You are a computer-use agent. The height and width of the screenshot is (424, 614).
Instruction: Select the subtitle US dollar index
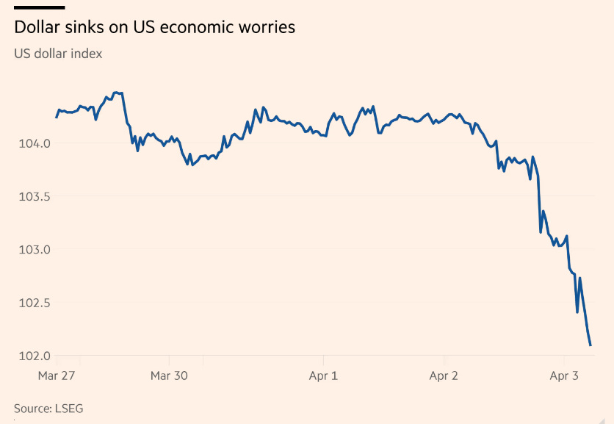(58, 54)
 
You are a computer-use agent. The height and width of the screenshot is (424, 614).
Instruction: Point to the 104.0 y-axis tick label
(35, 143)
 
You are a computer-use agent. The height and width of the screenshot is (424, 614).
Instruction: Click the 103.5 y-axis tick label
(35, 197)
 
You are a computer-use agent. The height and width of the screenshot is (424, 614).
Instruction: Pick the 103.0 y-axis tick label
(35, 250)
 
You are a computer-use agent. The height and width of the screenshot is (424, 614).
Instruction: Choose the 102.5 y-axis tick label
(35, 303)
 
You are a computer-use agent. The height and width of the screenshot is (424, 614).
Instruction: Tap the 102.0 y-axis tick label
(35, 356)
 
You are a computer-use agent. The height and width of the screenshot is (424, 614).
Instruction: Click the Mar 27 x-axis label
(57, 376)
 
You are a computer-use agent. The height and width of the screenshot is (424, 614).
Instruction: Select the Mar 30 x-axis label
(169, 376)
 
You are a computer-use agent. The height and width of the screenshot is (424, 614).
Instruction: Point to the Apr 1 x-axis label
(323, 376)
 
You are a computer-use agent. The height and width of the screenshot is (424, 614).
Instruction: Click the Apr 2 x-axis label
(444, 376)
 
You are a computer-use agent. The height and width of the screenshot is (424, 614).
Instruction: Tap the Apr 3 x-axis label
(564, 376)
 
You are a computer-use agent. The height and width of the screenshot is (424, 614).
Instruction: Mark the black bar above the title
(40, 7)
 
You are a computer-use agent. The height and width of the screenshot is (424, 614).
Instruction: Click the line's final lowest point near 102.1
(590, 345)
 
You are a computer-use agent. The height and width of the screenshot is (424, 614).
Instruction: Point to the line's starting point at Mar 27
(57, 117)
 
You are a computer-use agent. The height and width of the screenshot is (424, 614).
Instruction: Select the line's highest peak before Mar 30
(115, 93)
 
